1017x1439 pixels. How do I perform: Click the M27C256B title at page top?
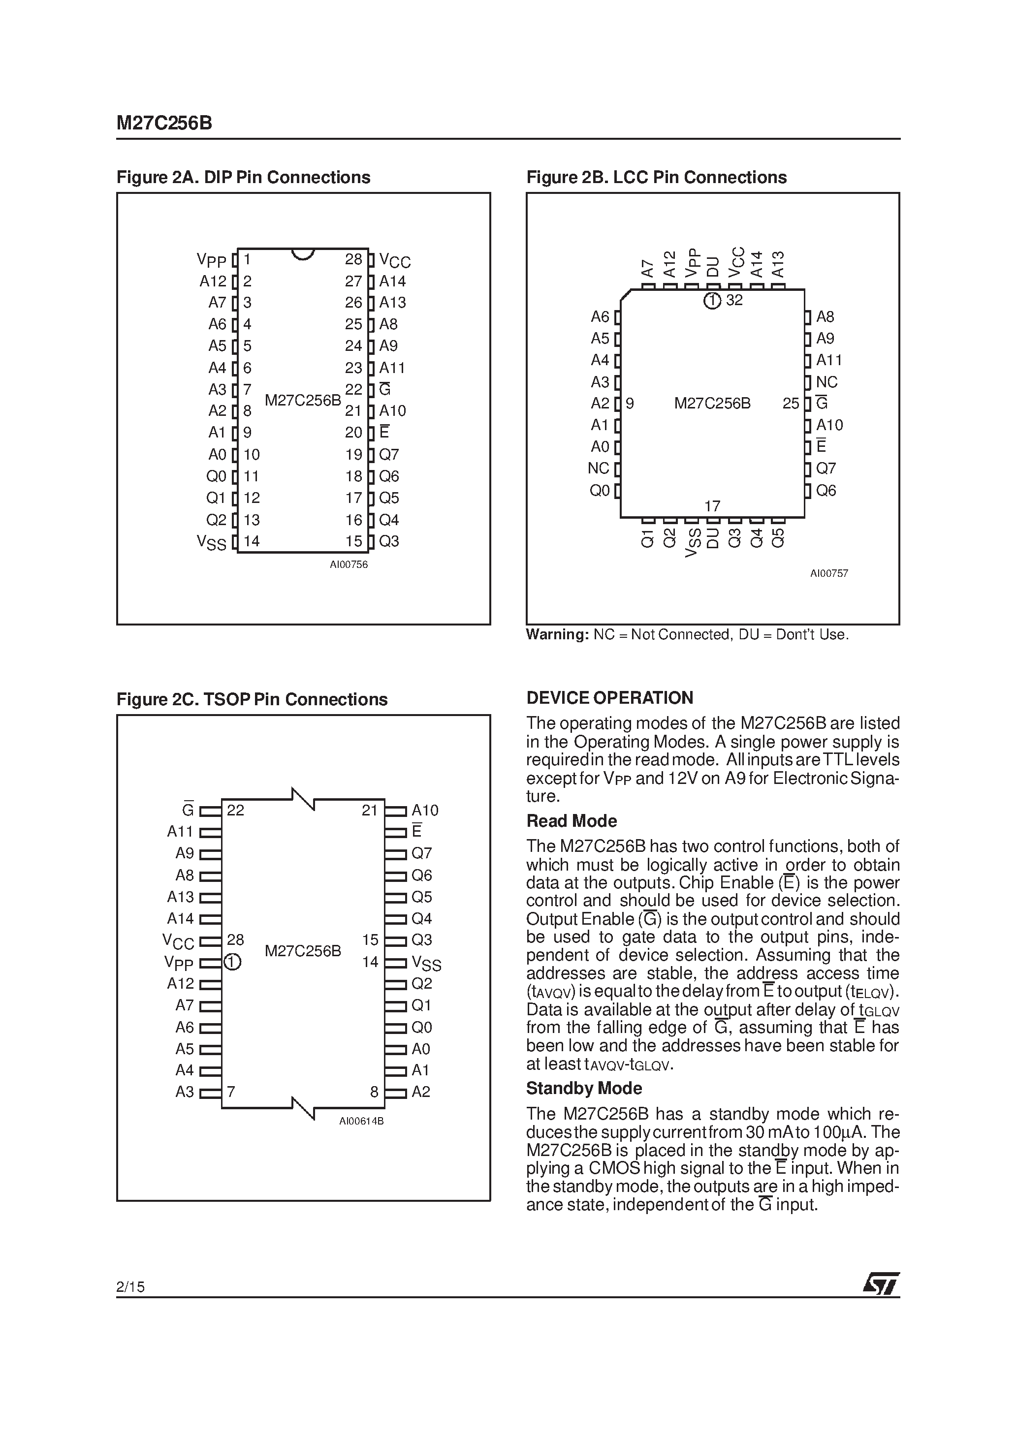tap(164, 124)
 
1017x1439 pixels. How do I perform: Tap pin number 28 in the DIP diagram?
tap(353, 259)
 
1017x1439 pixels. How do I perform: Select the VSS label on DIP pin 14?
tap(211, 543)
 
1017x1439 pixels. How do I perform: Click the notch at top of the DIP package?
tap(303, 254)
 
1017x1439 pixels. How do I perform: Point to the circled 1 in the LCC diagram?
tap(712, 301)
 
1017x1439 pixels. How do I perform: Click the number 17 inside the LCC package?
tap(712, 506)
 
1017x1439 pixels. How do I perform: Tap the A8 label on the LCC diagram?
tap(825, 317)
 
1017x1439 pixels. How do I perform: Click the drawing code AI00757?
tap(829, 573)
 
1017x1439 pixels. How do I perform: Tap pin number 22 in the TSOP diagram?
tap(235, 811)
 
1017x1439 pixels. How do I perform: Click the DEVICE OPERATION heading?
tap(609, 698)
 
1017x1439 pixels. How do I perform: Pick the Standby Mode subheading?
tap(584, 1088)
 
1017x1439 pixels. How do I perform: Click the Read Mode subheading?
tap(571, 821)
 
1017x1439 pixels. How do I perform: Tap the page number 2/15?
tap(130, 1287)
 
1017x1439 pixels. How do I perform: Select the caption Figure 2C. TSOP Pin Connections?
tap(252, 699)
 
